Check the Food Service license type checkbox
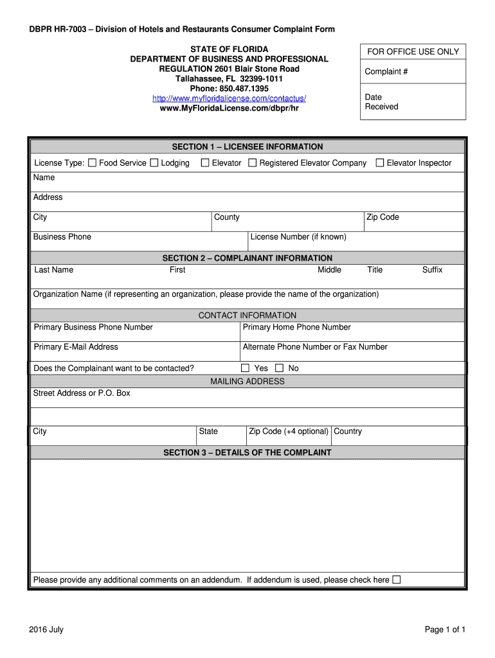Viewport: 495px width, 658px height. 92,163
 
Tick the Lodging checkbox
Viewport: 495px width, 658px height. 154,163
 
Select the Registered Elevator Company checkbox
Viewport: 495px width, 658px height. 253,163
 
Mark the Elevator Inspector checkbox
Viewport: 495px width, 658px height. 380,163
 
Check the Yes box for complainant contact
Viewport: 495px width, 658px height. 245,368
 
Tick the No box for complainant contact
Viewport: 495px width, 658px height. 279,368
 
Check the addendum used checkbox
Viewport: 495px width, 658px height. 396,580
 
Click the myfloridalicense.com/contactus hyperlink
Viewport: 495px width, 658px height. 229,98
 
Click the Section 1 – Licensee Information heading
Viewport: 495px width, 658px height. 248,147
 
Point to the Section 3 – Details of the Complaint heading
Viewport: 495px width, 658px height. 248,453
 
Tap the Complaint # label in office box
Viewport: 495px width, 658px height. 386,72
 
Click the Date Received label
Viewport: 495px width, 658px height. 381,102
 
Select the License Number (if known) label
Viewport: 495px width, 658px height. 298,237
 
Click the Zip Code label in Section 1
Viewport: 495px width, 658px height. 382,217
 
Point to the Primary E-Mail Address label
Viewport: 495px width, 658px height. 76,347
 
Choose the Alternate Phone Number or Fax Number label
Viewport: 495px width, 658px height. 315,347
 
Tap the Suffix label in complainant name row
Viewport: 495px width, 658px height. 432,270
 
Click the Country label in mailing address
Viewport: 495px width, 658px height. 348,431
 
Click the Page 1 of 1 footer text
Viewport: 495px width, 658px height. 445,630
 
